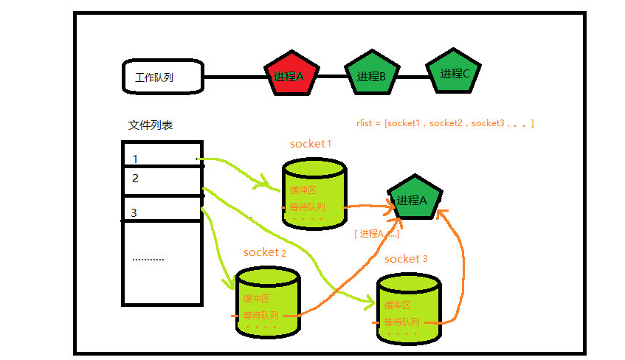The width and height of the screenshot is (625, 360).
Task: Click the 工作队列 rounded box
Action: pyautogui.click(x=162, y=77)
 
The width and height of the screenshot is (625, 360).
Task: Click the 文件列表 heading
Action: pyautogui.click(x=151, y=125)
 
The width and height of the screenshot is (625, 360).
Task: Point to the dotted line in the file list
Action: pyautogui.click(x=148, y=260)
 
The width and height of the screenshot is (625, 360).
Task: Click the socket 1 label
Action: pyautogui.click(x=310, y=144)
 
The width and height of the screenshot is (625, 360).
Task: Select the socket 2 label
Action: pyautogui.click(x=264, y=252)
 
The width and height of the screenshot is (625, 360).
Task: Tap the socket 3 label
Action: pyautogui.click(x=406, y=259)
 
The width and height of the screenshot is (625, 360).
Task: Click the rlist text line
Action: pyautogui.click(x=444, y=123)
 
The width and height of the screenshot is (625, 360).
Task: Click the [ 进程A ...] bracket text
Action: pyautogui.click(x=376, y=233)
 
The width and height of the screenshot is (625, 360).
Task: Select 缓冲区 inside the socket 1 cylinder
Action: pyautogui.click(x=303, y=190)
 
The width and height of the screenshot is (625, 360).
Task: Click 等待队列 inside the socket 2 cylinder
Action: pyautogui.click(x=261, y=315)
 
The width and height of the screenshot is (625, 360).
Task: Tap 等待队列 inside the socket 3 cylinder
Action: pyautogui.click(x=401, y=322)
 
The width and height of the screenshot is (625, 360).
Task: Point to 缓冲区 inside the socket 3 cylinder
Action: pyautogui.click(x=397, y=305)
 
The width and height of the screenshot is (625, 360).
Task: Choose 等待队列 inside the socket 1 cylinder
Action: pyautogui.click(x=307, y=206)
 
